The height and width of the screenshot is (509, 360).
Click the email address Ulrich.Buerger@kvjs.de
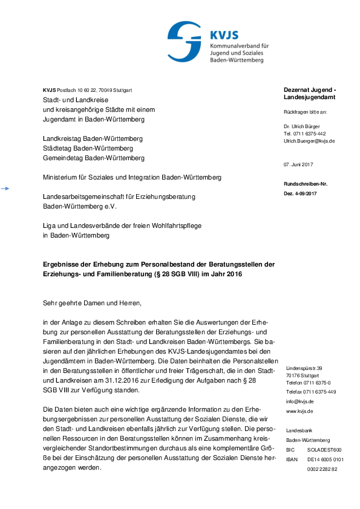tap(309, 141)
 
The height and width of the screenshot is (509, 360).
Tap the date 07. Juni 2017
tap(298, 164)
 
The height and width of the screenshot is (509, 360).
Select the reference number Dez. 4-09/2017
tap(300, 193)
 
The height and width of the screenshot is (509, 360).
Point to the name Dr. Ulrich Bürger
tap(304, 126)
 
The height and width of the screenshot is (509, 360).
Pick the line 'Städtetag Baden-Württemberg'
tap(88, 148)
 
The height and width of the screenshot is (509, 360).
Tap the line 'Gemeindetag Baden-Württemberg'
tap(94, 158)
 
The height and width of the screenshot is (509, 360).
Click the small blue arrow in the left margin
tap(5, 189)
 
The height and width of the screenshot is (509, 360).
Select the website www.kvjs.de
tap(300, 410)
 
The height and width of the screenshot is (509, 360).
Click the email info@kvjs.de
tap(299, 401)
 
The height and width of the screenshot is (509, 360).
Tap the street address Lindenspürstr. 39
tap(304, 368)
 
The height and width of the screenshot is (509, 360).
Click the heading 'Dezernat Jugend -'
tap(310, 89)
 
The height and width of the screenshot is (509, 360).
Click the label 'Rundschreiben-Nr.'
tap(305, 184)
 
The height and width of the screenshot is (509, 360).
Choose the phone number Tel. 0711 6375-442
tap(305, 134)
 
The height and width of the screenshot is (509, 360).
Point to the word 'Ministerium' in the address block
tap(62, 178)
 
